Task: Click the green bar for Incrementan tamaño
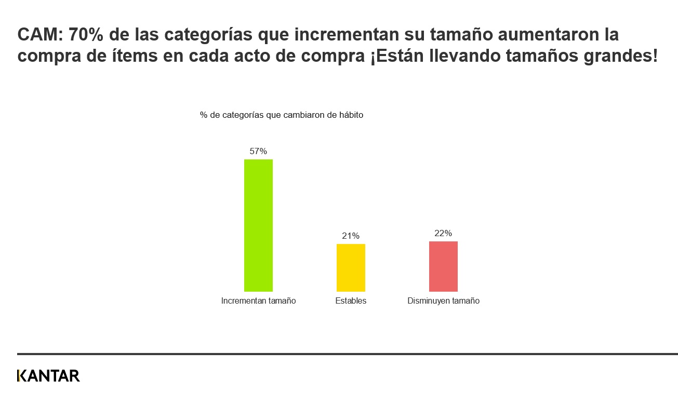point(258,225)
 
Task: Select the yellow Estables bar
point(351,268)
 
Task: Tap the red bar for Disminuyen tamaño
point(443,266)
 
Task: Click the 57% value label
point(258,152)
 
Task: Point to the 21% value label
point(351,236)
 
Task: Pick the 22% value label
point(443,234)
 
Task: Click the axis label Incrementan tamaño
point(258,301)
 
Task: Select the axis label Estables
point(351,301)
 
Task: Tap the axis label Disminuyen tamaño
point(443,301)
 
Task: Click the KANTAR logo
point(48,376)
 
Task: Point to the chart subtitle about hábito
point(282,115)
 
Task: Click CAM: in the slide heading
point(39,35)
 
